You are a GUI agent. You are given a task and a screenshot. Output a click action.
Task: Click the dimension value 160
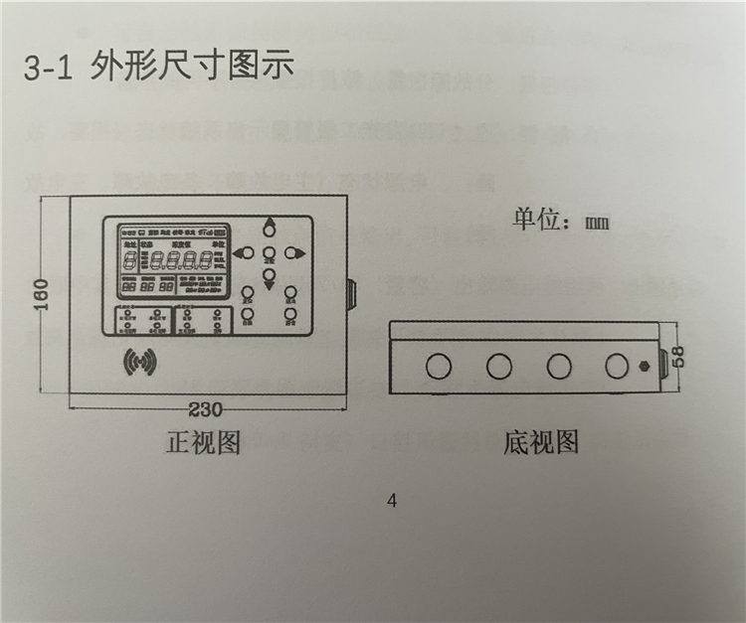pos(40,296)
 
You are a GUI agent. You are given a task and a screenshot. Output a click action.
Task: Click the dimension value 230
pos(206,409)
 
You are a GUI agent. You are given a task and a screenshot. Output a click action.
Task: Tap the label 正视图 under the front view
pos(203,442)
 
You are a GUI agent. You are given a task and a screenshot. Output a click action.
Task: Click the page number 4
pos(391,501)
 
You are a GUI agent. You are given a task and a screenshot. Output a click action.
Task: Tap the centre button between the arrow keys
pos(268,252)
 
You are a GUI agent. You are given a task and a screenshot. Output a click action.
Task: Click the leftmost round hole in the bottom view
pos(438,366)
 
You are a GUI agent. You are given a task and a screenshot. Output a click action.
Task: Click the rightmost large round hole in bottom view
pos(619,366)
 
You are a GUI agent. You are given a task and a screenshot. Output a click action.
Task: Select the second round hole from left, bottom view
pos(499,366)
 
